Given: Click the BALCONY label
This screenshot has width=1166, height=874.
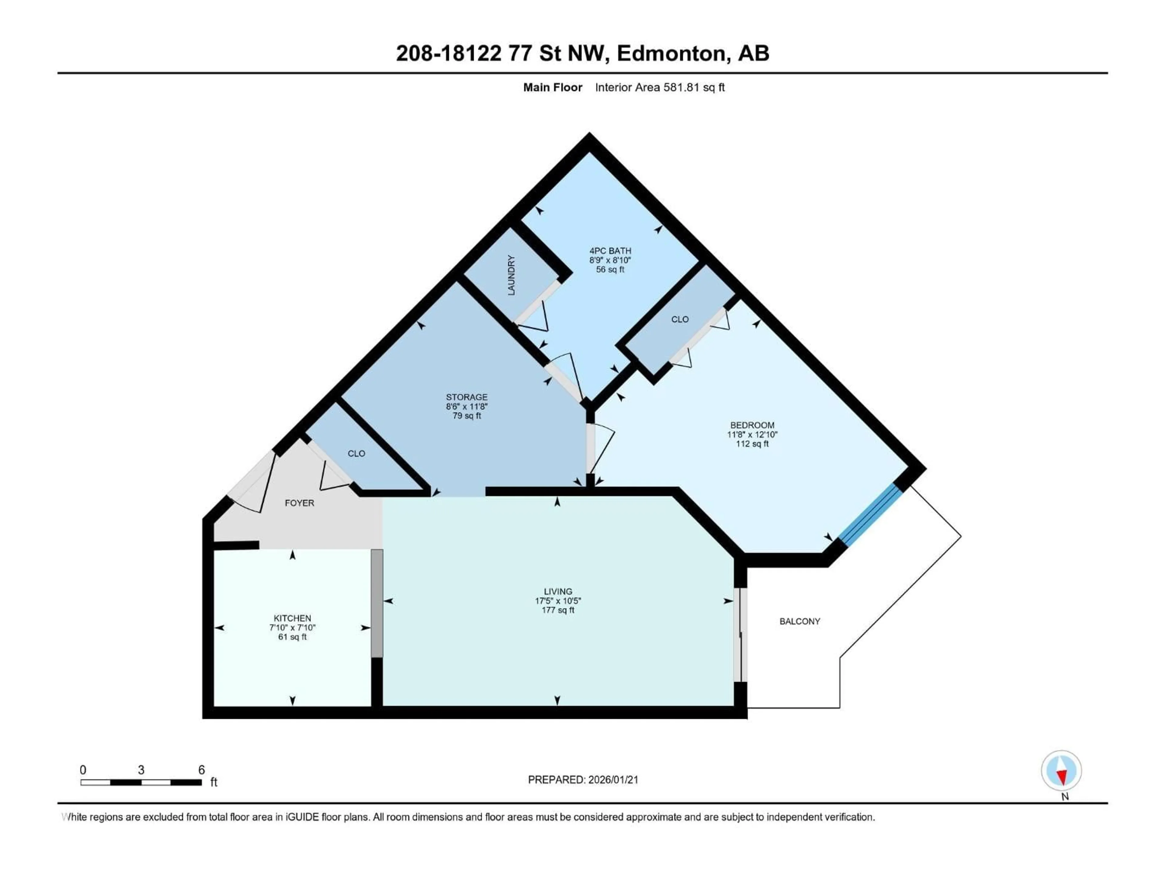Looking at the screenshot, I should [799, 622].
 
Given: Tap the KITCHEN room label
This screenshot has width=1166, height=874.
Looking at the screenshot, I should [292, 618].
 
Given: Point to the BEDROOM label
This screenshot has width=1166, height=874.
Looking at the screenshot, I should [752, 425].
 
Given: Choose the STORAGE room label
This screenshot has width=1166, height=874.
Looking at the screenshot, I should [466, 397].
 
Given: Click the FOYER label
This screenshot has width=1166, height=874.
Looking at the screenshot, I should [299, 503].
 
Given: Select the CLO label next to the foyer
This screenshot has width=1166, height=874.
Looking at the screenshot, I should [356, 454].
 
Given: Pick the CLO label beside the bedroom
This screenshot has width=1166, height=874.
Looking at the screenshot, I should [680, 319].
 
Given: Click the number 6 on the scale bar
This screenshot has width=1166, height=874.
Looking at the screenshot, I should [201, 770].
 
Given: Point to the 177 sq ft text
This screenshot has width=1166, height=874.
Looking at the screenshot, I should [558, 610].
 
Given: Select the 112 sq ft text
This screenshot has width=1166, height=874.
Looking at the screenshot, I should [752, 444].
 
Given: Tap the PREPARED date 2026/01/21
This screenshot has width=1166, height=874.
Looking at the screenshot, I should [613, 780].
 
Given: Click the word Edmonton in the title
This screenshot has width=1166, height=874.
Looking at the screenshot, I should [670, 53].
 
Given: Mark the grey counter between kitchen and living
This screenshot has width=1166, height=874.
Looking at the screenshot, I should [377, 603].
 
